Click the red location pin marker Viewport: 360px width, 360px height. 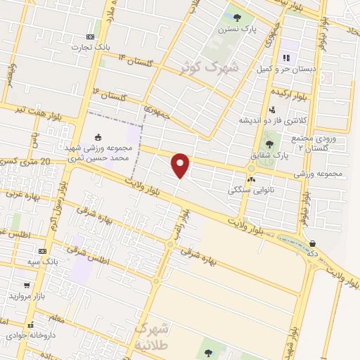pos(181,165)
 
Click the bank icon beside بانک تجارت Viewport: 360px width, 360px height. pos(90,37)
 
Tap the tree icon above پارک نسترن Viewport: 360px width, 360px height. pos(237,18)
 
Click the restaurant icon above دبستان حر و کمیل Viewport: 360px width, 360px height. pos(285,58)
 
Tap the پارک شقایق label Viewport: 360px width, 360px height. pos(269,154)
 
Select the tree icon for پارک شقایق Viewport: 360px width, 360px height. pos(269,143)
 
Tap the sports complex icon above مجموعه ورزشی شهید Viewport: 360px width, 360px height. pos(97,137)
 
